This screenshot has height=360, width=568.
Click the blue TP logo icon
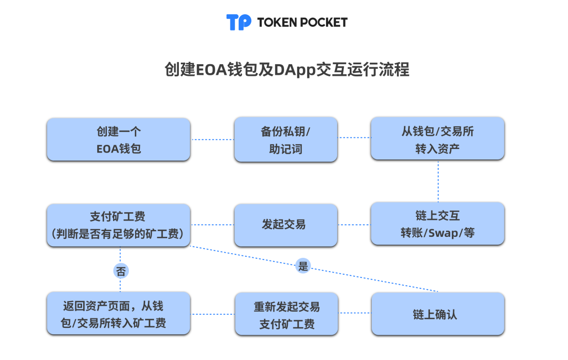coord(239,22)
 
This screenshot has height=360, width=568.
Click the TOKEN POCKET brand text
coord(302,22)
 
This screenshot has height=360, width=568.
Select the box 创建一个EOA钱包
coord(118,139)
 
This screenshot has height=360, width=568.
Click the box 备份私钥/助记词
coord(286,139)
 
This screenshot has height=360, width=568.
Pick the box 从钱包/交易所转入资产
coord(438,139)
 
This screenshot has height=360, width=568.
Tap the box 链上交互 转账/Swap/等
coord(438,224)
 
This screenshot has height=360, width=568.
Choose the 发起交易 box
coord(286,225)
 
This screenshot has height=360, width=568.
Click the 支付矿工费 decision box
coord(118,225)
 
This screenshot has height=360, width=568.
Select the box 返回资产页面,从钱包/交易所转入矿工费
coord(118,313)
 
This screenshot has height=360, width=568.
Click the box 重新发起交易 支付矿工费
coord(287,314)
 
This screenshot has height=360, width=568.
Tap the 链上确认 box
coord(438,314)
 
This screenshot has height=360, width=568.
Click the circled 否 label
coord(120,271)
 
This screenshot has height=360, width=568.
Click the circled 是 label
coord(303,266)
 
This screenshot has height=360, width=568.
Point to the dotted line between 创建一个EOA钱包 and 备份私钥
coord(212,139)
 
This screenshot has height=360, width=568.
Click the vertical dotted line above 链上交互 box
coord(438,181)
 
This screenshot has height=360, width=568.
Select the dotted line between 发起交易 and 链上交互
coord(354,225)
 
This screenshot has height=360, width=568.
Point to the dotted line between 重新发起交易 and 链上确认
coord(355,314)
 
